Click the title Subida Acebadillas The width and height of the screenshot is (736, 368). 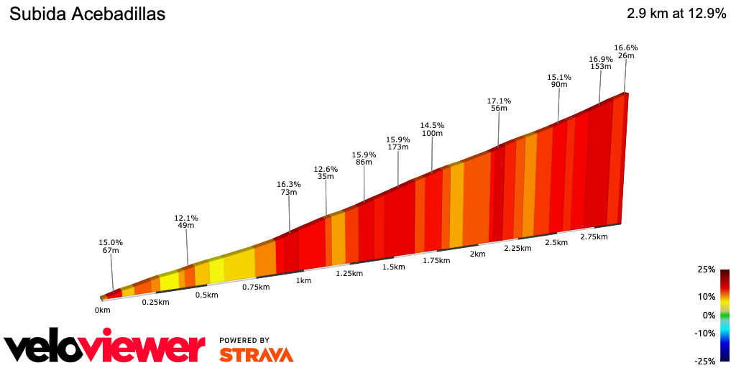click(86, 14)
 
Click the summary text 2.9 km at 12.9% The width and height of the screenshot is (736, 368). click(676, 14)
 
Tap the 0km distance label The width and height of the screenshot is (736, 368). click(102, 310)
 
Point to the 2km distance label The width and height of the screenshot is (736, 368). click(477, 254)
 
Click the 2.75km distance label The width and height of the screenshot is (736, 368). click(594, 236)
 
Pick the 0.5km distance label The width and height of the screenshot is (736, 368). click(207, 295)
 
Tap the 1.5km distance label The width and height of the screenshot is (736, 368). click(393, 267)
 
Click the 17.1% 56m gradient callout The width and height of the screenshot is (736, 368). click(499, 104)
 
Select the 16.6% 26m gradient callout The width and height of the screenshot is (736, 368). click(626, 52)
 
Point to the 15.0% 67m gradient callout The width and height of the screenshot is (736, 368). click(111, 246)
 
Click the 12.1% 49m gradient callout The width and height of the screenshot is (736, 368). click(186, 221)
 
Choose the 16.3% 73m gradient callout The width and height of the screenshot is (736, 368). click(289, 188)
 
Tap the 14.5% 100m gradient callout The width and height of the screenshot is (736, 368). click(432, 129)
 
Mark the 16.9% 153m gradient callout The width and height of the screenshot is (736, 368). click(600, 63)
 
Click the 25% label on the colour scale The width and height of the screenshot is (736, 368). click(706, 270)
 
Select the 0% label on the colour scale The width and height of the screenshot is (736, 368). click(709, 315)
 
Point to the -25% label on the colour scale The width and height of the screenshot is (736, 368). click(706, 361)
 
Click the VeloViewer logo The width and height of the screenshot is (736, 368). click(104, 348)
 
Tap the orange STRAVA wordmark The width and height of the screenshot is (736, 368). click(256, 354)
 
